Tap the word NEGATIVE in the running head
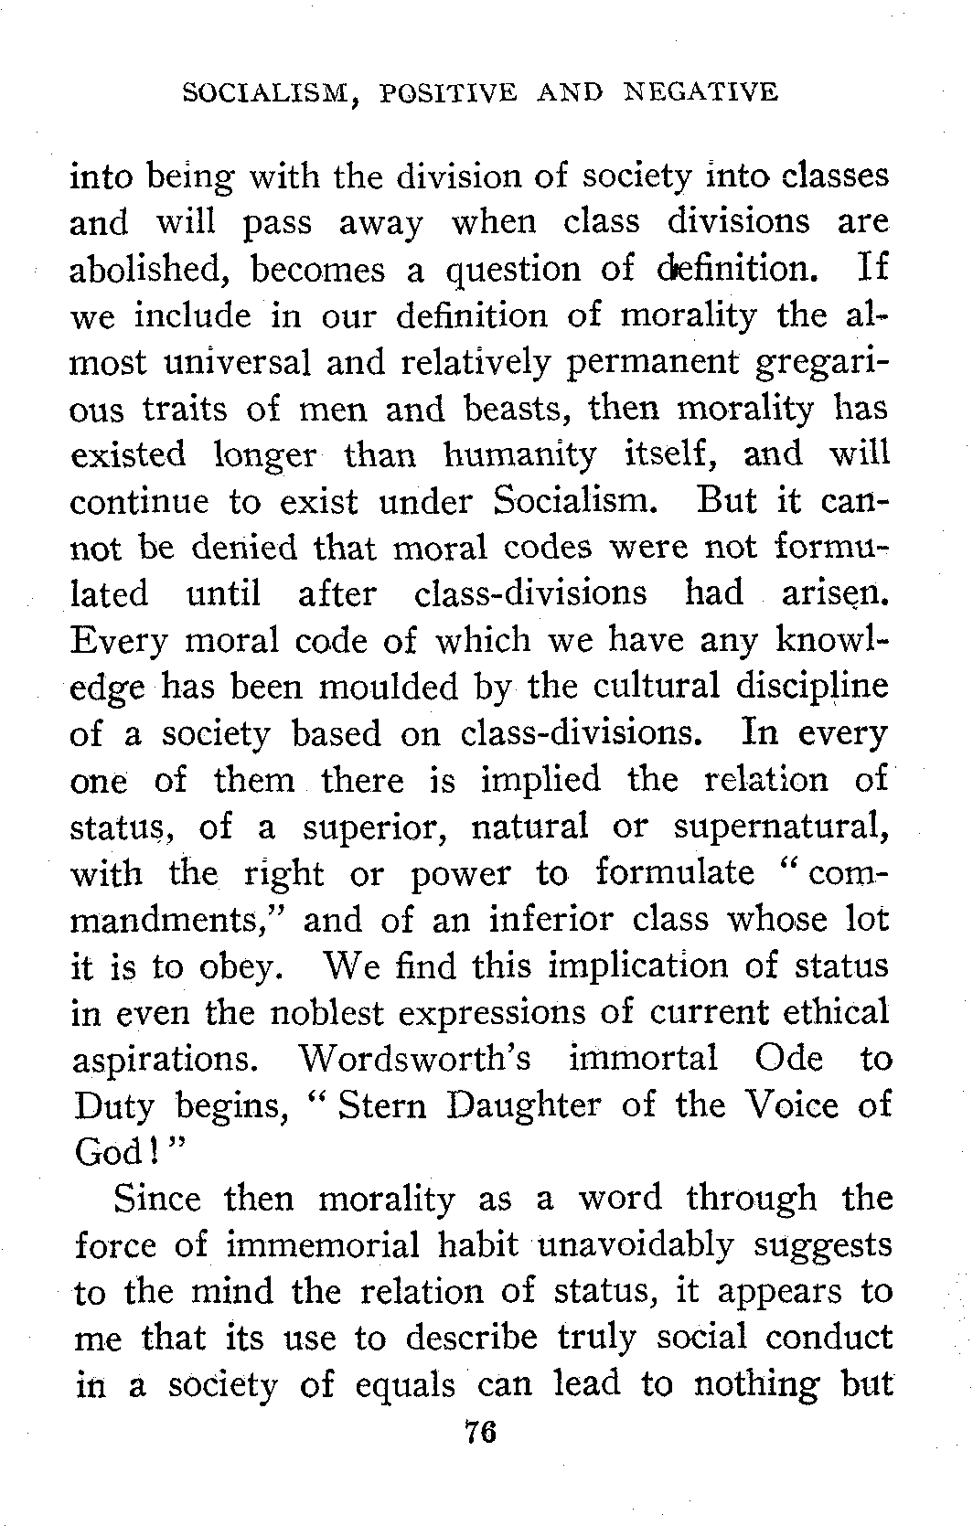(700, 92)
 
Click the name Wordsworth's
(415, 1059)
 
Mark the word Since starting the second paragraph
(157, 1199)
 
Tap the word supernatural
(779, 827)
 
